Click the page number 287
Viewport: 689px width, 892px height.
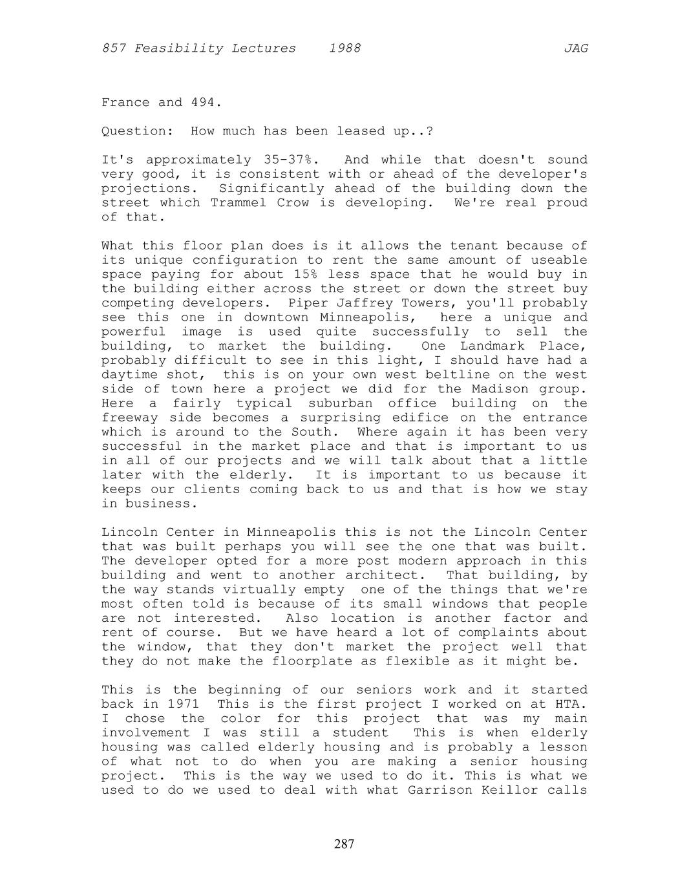(344, 844)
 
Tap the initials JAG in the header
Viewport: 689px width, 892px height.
(575, 48)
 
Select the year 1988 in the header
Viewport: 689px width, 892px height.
(344, 48)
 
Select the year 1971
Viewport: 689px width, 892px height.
(183, 704)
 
